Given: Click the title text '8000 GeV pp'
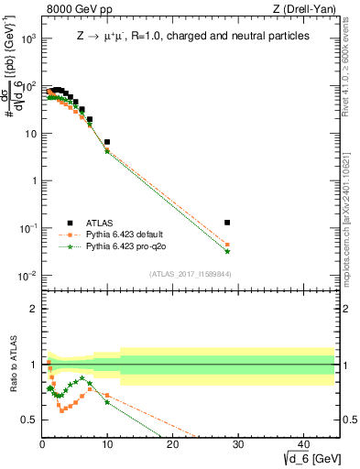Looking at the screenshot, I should click(x=76, y=10).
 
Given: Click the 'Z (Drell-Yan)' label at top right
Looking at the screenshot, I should click(x=307, y=10).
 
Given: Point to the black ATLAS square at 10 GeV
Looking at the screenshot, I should click(x=107, y=142).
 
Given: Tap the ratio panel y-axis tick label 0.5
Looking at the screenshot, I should click(x=29, y=420).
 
